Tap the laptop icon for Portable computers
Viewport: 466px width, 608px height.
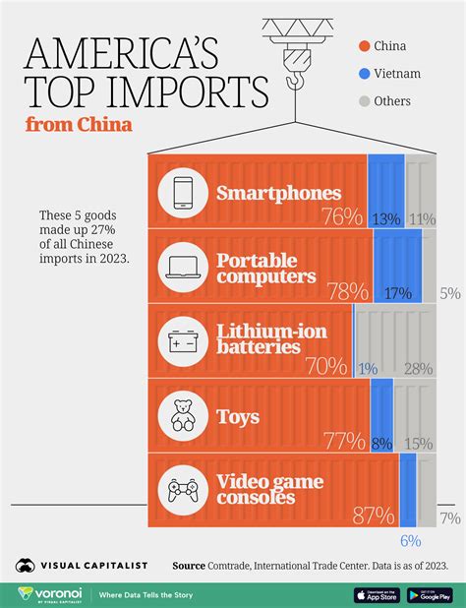[x=183, y=267]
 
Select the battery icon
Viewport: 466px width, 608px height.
[x=183, y=341]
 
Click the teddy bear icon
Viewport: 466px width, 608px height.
[x=183, y=416]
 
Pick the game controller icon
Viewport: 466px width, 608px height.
[x=183, y=489]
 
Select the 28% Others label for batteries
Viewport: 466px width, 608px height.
[x=417, y=367]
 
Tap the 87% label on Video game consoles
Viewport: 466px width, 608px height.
[x=375, y=517]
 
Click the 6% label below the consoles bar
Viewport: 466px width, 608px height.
[x=409, y=541]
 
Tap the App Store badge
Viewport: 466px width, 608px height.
[x=376, y=594]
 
